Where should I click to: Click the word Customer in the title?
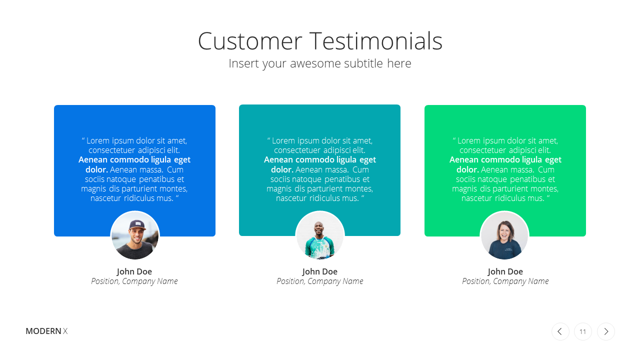250,41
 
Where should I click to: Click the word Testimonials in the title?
376,41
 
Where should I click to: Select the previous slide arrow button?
560,331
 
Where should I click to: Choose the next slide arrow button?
605,331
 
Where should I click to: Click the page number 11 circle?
583,331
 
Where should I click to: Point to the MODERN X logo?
46,331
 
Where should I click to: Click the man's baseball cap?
137,225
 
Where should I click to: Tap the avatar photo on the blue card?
135,235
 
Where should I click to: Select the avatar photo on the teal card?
320,235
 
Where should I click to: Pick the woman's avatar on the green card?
504,235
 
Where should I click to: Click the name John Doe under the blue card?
134,271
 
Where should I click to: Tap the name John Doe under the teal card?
319,271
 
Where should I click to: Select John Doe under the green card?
505,271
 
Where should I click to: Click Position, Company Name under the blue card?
134,281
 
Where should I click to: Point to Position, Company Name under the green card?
505,281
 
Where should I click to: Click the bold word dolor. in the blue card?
96,169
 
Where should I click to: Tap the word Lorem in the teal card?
283,140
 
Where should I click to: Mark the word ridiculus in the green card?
510,198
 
